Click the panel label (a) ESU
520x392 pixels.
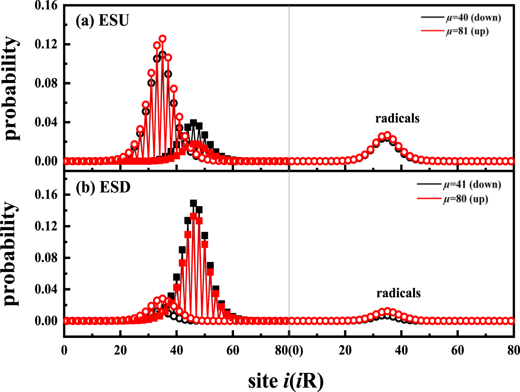(102, 21)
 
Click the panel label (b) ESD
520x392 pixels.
(103, 187)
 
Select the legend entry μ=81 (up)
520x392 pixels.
(467, 31)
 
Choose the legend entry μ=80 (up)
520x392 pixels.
(466, 199)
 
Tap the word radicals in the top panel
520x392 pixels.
(397, 118)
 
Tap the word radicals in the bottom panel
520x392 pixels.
(398, 293)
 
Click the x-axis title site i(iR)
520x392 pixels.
(286, 381)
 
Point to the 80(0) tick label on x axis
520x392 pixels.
(289, 350)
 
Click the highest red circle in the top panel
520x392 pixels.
(162, 39)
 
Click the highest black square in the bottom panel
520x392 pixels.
(193, 203)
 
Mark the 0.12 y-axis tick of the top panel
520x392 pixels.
(46, 44)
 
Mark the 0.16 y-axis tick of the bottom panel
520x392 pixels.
(46, 195)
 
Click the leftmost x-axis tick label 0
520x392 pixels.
(64, 350)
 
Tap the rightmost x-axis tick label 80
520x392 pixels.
(513, 350)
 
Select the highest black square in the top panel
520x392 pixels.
(193, 123)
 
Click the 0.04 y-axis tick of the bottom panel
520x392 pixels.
(46, 289)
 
